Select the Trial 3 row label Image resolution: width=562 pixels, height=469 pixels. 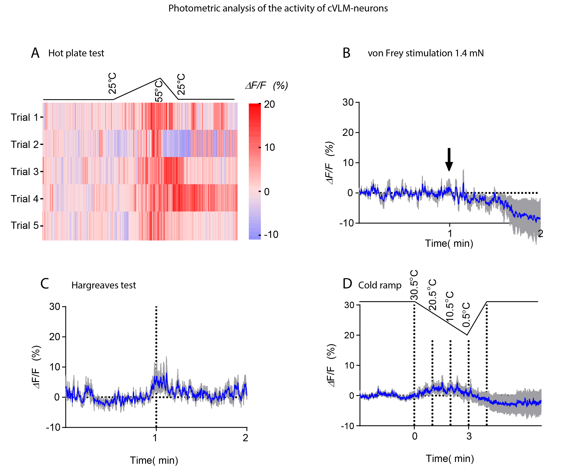pyautogui.click(x=25, y=171)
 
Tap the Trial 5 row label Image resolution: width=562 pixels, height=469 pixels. pyautogui.click(x=25, y=225)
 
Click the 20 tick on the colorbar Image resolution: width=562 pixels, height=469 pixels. pyautogui.click(x=269, y=104)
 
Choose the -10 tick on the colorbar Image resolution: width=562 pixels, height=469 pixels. pyautogui.click(x=271, y=235)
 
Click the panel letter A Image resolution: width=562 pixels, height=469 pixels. pyautogui.click(x=35, y=53)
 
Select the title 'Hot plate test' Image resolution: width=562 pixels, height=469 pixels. pyautogui.click(x=76, y=53)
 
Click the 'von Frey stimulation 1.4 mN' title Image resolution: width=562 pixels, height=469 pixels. pyautogui.click(x=426, y=53)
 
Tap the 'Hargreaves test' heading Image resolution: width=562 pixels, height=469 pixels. pyautogui.click(x=104, y=285)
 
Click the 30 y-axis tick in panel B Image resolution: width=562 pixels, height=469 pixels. pyautogui.click(x=348, y=102)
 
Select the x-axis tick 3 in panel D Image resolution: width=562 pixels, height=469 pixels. pyautogui.click(x=469, y=436)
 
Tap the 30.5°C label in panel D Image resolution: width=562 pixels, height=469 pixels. pyautogui.click(x=414, y=285)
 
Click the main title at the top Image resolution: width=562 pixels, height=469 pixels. pyautogui.click(x=278, y=8)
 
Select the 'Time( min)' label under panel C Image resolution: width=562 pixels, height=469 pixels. pyautogui.click(x=154, y=460)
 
